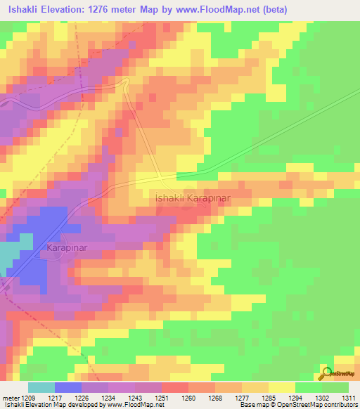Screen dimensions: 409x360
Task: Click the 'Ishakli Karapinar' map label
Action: [192, 199]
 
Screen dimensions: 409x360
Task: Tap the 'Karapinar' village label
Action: [67, 248]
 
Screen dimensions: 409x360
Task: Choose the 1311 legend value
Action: [348, 397]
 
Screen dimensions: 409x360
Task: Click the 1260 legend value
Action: [188, 397]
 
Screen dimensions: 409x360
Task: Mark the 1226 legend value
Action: [82, 397]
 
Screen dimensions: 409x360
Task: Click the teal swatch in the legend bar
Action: [41, 387]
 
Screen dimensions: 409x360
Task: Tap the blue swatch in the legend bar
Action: [68, 387]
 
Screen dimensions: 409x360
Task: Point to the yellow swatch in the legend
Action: [282, 387]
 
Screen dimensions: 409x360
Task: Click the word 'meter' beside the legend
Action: [8, 397]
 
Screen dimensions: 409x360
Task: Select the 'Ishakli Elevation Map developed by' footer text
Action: [49, 405]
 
